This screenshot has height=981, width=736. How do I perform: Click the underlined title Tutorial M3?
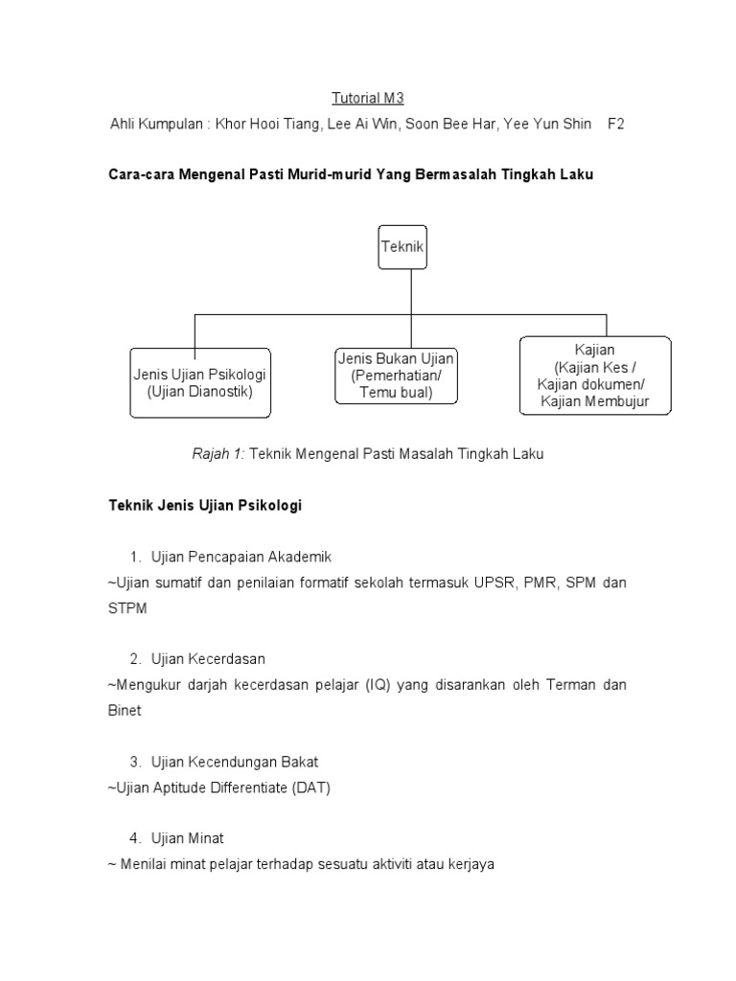(x=360, y=98)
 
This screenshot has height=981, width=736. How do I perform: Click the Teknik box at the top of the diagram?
(x=402, y=246)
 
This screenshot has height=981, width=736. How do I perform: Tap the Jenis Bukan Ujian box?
(x=396, y=375)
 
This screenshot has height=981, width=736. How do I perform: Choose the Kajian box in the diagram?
(x=594, y=376)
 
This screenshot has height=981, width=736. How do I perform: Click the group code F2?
(x=615, y=125)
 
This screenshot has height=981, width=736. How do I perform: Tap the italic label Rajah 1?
(x=220, y=454)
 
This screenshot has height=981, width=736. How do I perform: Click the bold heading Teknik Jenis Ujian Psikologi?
(x=205, y=506)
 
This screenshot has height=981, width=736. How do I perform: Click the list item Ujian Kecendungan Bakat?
(x=235, y=762)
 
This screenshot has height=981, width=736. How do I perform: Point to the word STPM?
(x=127, y=608)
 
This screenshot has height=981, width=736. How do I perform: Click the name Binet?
(x=125, y=711)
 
